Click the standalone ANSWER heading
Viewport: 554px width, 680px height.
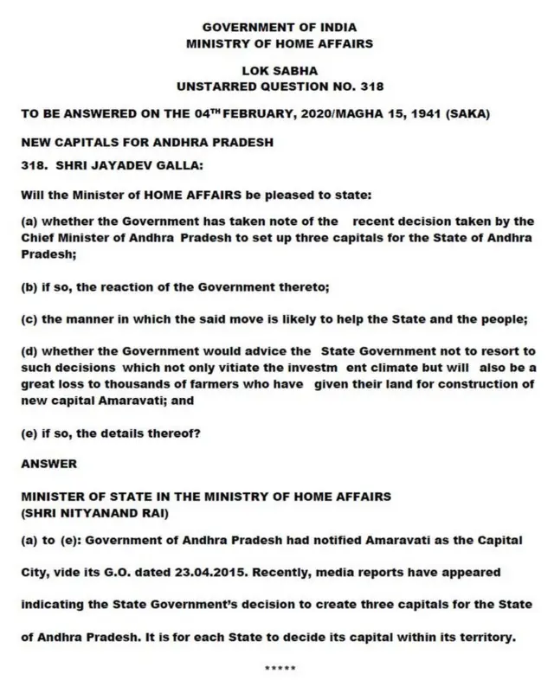pos(49,464)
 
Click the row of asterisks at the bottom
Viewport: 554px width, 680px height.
pos(279,668)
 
